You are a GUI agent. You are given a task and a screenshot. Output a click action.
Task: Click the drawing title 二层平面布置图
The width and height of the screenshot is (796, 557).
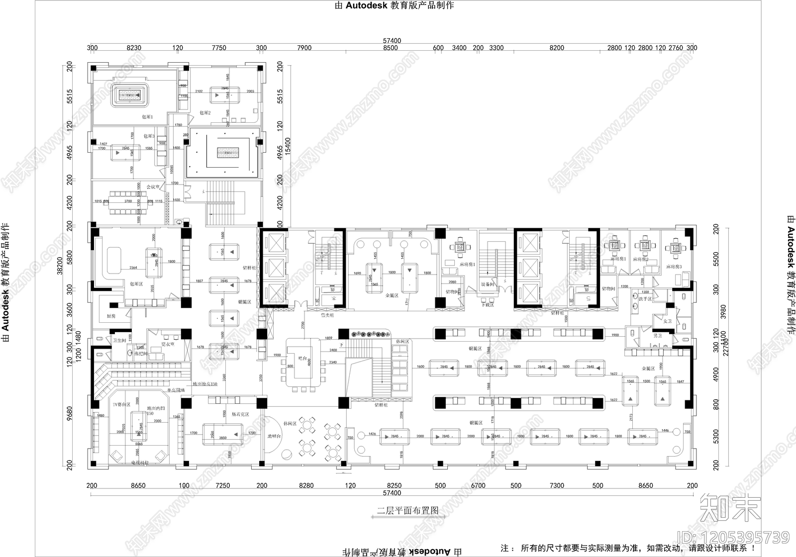(407, 510)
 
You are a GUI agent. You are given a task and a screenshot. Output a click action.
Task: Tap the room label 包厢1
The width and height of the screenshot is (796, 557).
(148, 117)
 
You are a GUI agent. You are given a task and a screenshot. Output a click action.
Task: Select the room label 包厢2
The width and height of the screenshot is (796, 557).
(205, 113)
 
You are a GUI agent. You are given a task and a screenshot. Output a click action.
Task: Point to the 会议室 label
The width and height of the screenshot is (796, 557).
(153, 187)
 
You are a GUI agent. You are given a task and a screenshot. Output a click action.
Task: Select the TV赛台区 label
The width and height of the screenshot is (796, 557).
(121, 405)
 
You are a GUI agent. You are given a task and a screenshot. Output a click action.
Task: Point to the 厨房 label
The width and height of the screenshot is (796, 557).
(110, 316)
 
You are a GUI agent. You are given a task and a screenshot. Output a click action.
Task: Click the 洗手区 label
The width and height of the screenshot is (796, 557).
(645, 299)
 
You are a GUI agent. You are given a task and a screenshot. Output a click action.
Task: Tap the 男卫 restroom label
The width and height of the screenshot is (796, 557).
(657, 336)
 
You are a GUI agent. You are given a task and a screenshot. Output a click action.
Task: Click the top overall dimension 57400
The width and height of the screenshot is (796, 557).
(392, 41)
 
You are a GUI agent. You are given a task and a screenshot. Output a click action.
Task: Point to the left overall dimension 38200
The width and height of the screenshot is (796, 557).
(59, 265)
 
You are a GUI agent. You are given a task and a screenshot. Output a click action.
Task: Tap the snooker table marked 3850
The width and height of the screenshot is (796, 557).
(223, 434)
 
